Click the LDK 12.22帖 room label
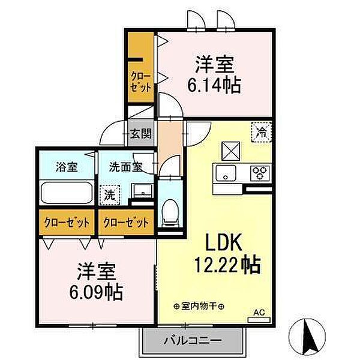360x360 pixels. pyautogui.click(x=227, y=253)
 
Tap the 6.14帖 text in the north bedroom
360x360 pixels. pyautogui.click(x=214, y=85)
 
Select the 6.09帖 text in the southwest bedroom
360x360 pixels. pyautogui.click(x=96, y=292)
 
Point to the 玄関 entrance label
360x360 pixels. pyautogui.click(x=141, y=133)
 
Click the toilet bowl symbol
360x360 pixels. pyautogui.click(x=170, y=211)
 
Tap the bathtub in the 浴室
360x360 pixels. pyautogui.click(x=67, y=193)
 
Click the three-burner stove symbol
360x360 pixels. pyautogui.click(x=260, y=173)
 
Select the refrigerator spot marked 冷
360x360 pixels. pyautogui.click(x=262, y=132)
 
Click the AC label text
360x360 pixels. pyautogui.click(x=259, y=312)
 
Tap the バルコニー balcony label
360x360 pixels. pyautogui.click(x=193, y=341)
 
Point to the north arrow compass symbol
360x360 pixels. pyautogui.click(x=307, y=335)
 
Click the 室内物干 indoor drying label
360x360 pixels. pyautogui.click(x=199, y=306)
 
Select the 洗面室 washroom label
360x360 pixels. pyautogui.click(x=125, y=167)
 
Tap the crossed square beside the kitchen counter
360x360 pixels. pyautogui.click(x=231, y=151)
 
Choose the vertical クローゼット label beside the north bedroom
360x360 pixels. pyautogui.click(x=141, y=82)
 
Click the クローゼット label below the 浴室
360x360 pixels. pyautogui.click(x=67, y=223)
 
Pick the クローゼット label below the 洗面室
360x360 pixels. pyautogui.click(x=126, y=223)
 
